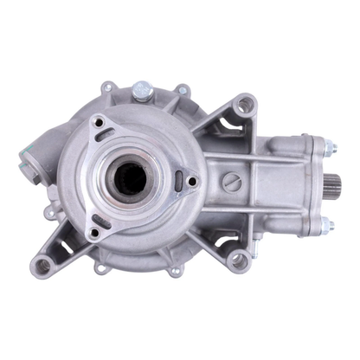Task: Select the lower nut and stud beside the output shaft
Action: (327, 227)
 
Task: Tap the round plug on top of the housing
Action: (141, 88)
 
